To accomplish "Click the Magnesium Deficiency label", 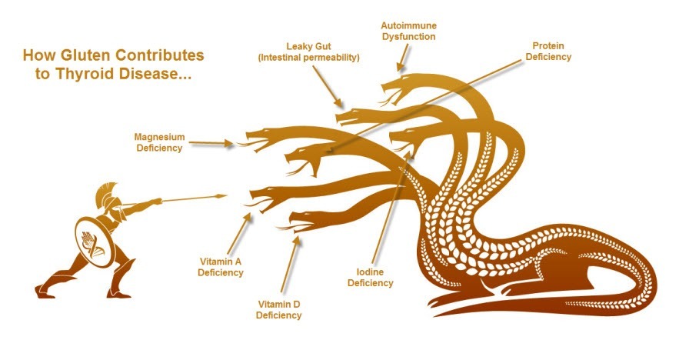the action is [159, 142].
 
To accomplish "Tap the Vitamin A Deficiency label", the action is [221, 267].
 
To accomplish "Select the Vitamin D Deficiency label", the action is [278, 310].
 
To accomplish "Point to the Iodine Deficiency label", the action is [370, 278].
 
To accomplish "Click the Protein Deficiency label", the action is [548, 51].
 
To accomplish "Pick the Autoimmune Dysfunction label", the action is [408, 32].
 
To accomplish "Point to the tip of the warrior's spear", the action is [227, 196].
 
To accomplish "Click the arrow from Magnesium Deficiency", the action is [211, 143].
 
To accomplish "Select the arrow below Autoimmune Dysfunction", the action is [403, 58].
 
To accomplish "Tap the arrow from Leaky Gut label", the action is [328, 86].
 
